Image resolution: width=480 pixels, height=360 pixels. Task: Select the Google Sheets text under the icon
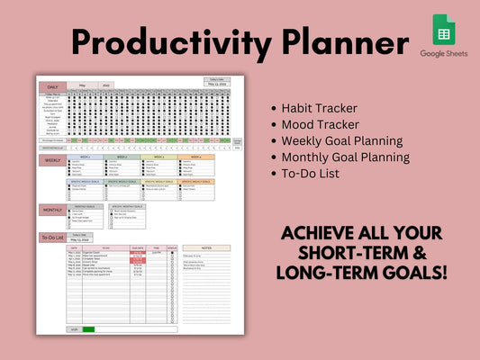(x=444, y=54)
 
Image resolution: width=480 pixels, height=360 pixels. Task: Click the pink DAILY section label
(x=52, y=86)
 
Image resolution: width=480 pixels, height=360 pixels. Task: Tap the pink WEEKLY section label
(x=52, y=160)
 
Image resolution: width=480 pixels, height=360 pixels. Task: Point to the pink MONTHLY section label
(x=52, y=210)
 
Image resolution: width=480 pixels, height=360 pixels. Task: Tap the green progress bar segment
(x=87, y=329)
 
